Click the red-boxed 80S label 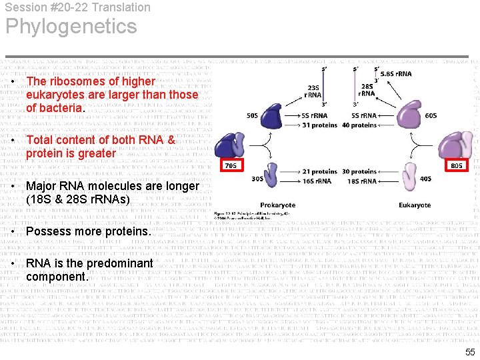point(457,165)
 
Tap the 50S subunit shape point(271,115)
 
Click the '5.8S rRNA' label point(395,74)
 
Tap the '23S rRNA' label point(314,91)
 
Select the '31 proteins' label point(319,125)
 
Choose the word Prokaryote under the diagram point(279,205)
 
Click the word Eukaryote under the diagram point(415,205)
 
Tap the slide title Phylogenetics point(71,27)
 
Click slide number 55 point(470,352)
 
